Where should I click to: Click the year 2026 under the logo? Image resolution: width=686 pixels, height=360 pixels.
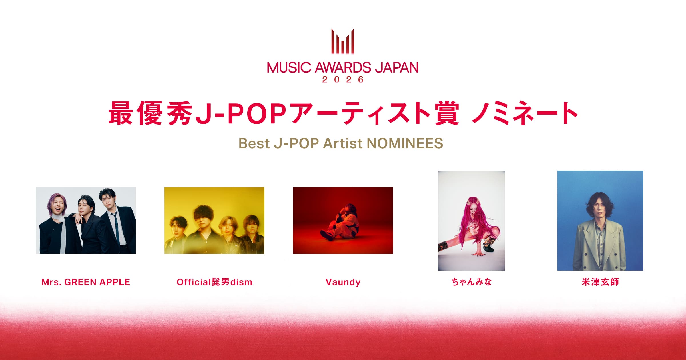(343, 79)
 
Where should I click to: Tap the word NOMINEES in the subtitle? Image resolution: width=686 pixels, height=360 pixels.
(405, 143)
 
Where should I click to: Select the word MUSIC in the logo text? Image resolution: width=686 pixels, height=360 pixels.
(289, 68)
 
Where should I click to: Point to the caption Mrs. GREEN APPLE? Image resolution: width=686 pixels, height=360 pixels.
(86, 282)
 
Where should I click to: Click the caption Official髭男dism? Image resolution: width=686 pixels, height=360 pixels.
(214, 282)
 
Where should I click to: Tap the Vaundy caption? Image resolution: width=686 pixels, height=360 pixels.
(343, 282)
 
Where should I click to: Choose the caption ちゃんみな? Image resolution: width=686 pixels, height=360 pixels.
(472, 282)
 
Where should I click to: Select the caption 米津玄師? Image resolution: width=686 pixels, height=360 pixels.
(600, 282)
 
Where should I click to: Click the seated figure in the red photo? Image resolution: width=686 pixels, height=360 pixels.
(342, 224)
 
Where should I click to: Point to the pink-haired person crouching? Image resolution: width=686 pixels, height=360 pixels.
(474, 226)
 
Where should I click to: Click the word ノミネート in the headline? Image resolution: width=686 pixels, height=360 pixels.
(525, 114)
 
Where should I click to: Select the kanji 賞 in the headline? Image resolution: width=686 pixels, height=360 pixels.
(447, 114)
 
